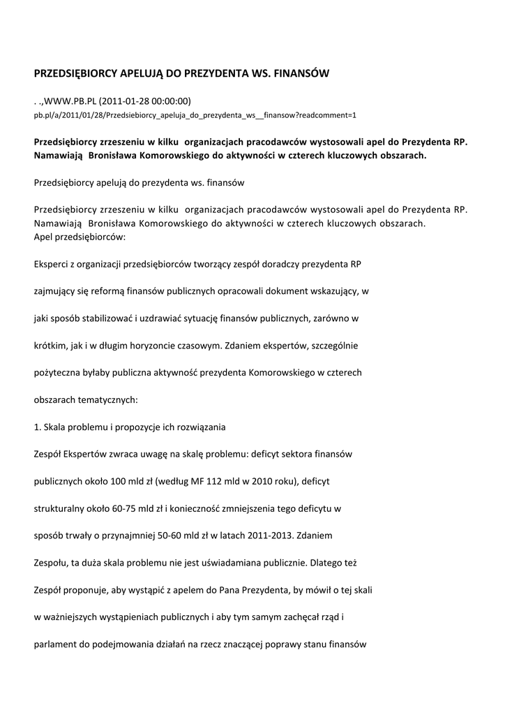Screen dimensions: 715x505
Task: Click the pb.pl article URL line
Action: (x=195, y=115)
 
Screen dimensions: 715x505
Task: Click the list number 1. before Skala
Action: (x=38, y=427)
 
